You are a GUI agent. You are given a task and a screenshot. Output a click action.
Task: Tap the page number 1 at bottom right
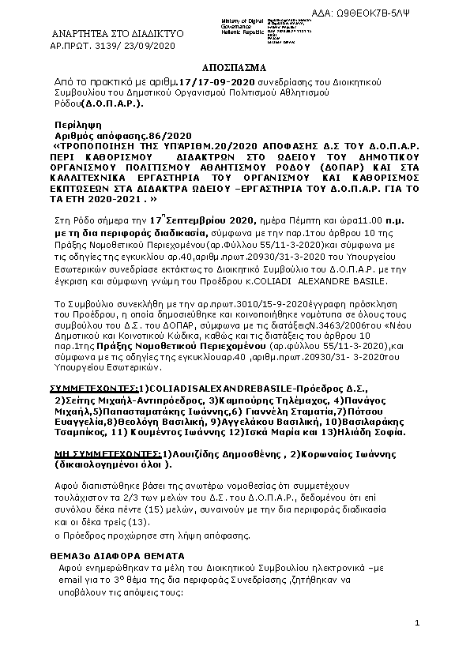coord(416,624)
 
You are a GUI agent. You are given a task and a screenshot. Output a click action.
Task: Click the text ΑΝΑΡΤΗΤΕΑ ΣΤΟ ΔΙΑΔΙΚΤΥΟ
coord(117,35)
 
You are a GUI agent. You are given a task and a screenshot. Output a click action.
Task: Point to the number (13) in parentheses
coord(122,522)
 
